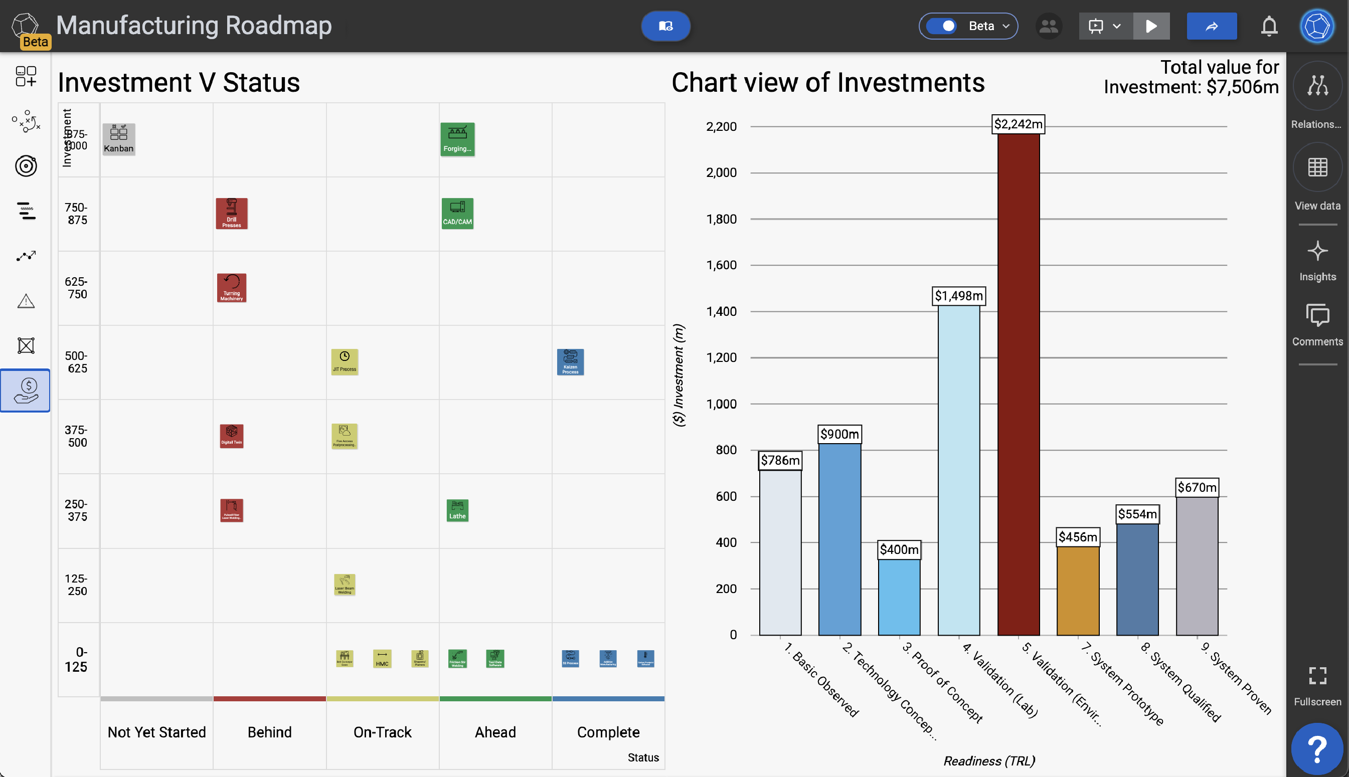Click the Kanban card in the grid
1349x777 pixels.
[x=118, y=139]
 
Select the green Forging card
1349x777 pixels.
[x=457, y=139]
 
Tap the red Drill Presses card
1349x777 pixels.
[x=231, y=214]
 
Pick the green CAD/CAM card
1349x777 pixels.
[x=457, y=214]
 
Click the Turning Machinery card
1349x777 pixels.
[x=231, y=288]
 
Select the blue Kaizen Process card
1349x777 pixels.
[x=570, y=362]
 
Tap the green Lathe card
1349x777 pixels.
[x=457, y=510]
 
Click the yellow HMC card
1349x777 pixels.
[x=382, y=658]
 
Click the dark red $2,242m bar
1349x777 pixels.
[x=1018, y=384]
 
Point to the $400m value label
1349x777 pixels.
[x=899, y=549]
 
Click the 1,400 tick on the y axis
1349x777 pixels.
[x=721, y=311]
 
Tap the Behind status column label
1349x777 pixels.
[x=269, y=732]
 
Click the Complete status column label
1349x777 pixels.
[x=607, y=732]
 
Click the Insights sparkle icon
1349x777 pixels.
[x=1316, y=251]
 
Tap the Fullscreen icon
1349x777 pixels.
[x=1316, y=675]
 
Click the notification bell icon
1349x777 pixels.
[x=1268, y=26]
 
